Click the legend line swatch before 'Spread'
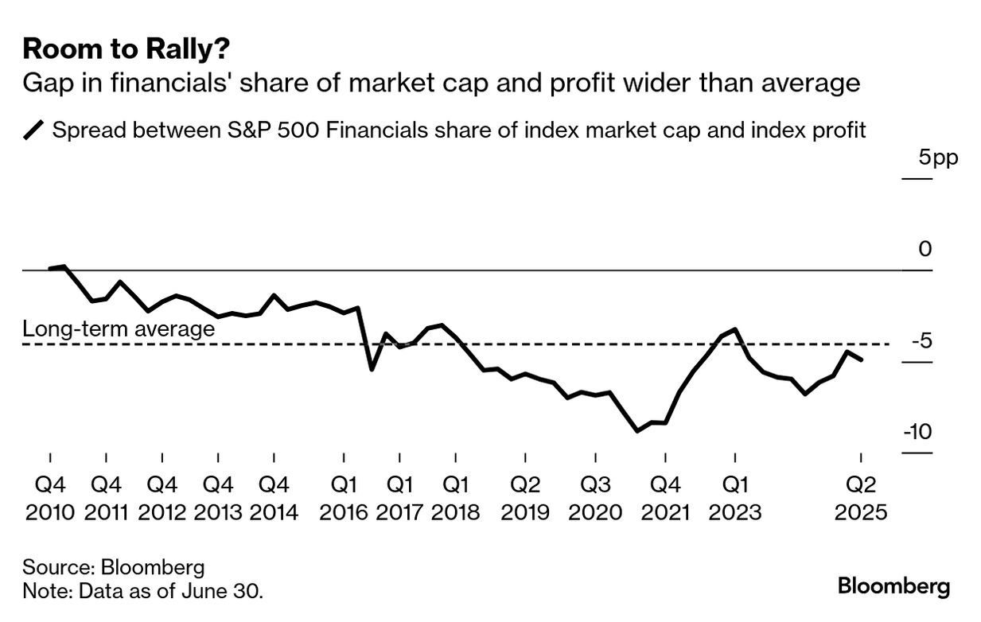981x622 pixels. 35,130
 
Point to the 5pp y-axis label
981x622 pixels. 938,157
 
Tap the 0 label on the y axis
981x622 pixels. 925,250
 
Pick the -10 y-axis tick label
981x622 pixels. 916,432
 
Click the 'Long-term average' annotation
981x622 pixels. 119,328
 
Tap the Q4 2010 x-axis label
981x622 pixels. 50,498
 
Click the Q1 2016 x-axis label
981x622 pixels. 344,498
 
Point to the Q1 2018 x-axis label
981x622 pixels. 455,498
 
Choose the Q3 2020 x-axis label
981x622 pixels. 595,498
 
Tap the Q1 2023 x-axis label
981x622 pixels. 734,498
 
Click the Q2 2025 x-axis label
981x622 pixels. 860,498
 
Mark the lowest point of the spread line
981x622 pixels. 637,431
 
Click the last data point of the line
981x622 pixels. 862,360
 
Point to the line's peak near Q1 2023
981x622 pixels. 735,329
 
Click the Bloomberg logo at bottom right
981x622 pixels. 893,587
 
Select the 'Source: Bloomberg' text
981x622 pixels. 114,567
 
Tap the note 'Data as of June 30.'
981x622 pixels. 143,591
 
